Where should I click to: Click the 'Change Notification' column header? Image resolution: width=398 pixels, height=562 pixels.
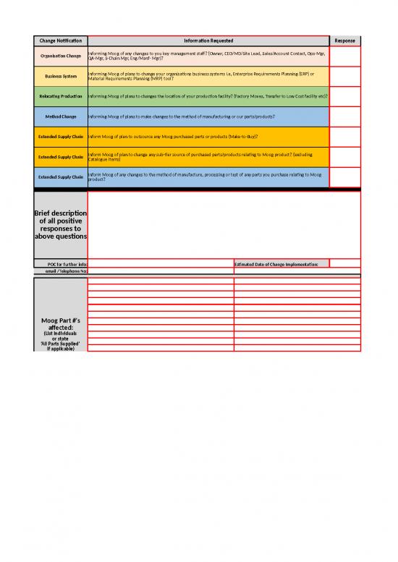[61, 41]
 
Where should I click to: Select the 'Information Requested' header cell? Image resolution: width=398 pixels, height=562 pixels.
[208, 41]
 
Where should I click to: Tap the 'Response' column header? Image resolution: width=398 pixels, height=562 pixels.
[344, 41]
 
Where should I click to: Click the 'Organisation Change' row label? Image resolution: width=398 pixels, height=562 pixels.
[61, 56]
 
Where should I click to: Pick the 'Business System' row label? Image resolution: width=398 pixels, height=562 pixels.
[61, 76]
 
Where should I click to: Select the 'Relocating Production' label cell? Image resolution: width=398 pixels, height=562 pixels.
[61, 96]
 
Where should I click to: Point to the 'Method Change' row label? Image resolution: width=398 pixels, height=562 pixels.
[61, 116]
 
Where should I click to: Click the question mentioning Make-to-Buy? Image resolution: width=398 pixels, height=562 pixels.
[174, 136]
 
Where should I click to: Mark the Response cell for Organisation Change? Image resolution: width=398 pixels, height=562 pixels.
[344, 56]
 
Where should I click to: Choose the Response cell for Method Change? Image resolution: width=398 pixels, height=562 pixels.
[344, 116]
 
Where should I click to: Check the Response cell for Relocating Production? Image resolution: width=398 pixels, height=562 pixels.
[344, 96]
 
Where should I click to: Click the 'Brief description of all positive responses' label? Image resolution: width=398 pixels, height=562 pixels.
[61, 225]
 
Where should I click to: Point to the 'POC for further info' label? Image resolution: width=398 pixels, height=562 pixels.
[61, 264]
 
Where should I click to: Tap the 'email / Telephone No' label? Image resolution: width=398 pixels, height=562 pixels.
[61, 271]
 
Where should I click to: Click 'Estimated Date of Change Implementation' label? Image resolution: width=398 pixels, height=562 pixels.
[281, 264]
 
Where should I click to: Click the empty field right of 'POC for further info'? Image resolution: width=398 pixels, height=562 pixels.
[160, 264]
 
